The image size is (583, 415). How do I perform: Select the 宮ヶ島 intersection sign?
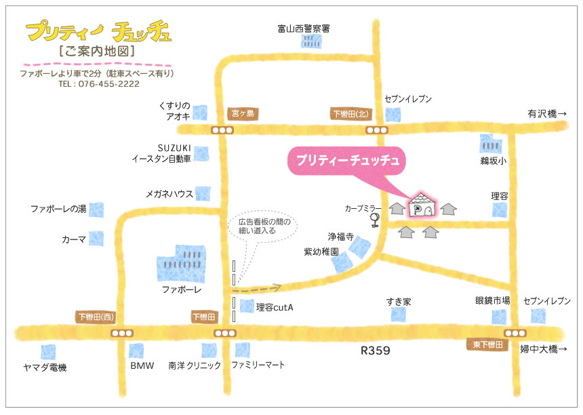pos(242,113)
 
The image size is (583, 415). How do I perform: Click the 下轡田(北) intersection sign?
pos(350,113)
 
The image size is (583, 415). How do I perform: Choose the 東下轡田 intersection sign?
pos(487,344)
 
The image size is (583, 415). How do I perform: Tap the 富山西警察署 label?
pos(303,28)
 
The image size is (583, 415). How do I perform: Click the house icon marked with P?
pos(422,206)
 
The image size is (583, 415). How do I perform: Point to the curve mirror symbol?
pos(374,220)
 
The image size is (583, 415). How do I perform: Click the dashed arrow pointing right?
pos(260,288)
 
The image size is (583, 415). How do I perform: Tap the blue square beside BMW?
pos(137,351)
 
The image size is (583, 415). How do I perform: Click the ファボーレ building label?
pos(182,290)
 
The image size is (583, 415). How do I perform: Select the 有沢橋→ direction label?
pos(546,113)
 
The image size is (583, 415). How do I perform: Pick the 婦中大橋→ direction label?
pos(542,350)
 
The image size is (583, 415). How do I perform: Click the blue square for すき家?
pos(398,315)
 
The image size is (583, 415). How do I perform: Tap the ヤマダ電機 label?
pos(44,367)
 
